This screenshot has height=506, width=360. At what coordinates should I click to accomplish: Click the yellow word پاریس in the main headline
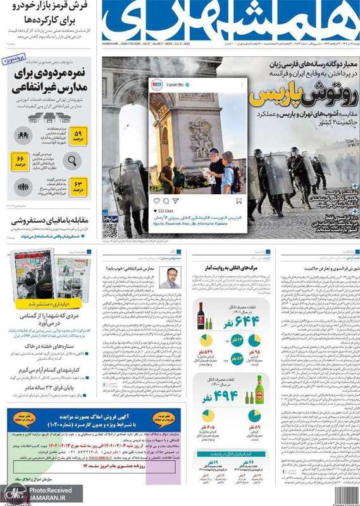[266, 97]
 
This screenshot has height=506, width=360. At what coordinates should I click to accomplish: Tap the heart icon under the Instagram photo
[157, 201]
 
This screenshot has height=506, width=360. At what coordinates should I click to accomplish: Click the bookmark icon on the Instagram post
[239, 201]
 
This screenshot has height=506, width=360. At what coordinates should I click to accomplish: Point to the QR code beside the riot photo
[110, 228]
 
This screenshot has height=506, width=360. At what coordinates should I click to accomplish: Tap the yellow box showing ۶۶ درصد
[20, 161]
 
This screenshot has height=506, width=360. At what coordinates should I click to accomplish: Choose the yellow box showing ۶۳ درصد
[77, 187]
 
